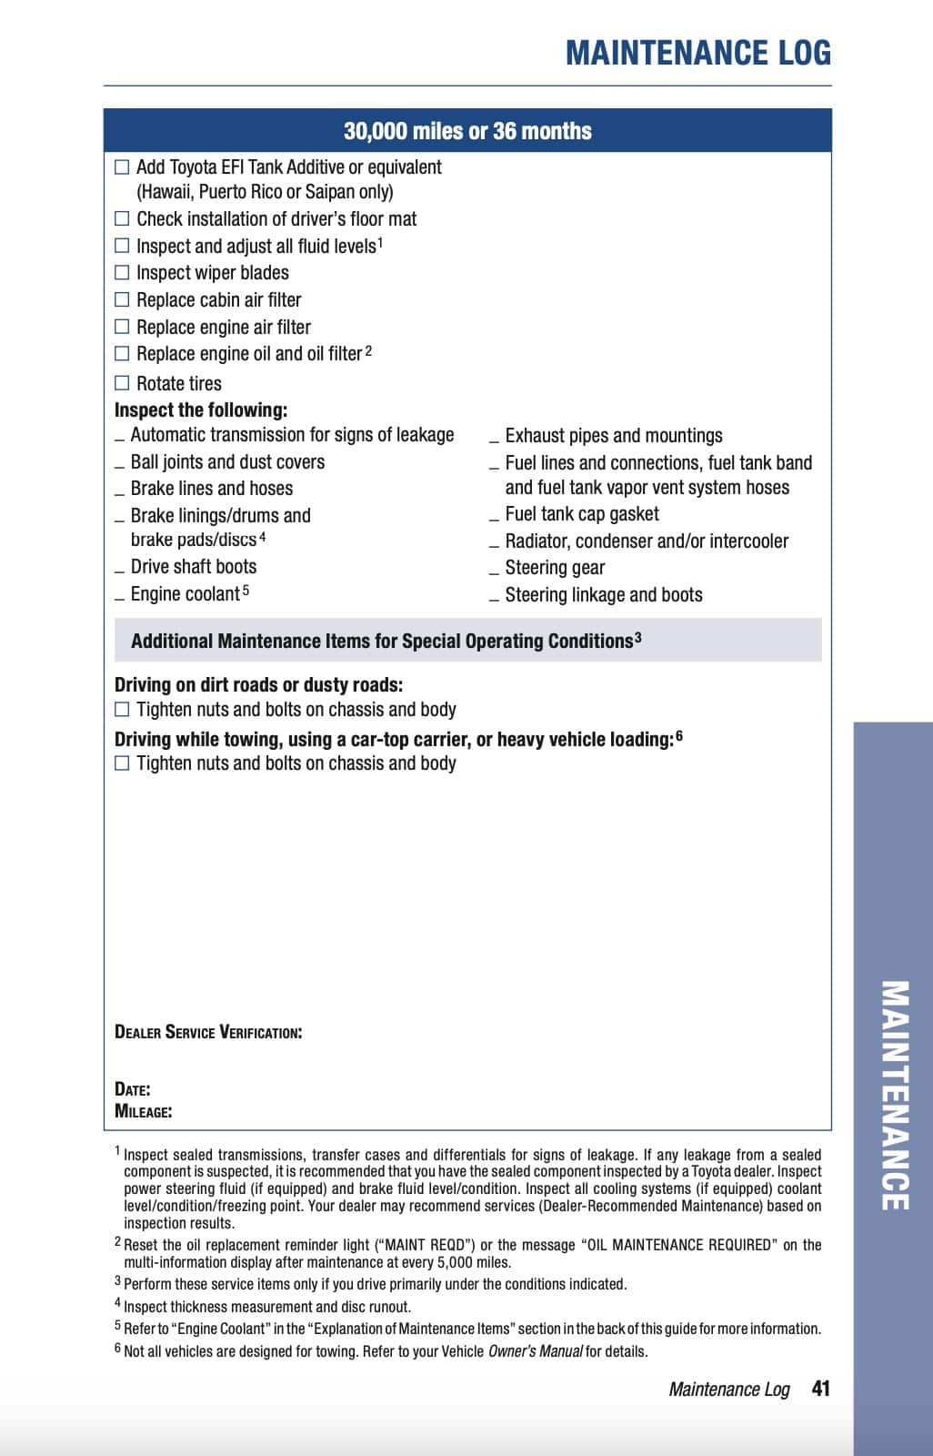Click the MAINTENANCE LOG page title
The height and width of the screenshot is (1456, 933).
pos(697,53)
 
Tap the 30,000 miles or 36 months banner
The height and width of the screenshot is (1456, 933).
pos(467,131)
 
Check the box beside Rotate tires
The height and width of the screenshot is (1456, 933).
pos(122,383)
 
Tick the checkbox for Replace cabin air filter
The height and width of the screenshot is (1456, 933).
pos(122,299)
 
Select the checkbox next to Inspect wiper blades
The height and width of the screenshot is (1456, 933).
pos(122,272)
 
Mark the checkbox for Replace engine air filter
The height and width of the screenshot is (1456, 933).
pos(122,327)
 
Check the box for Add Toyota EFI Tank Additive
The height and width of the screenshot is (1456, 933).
pos(122,167)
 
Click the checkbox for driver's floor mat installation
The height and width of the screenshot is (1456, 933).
pos(122,218)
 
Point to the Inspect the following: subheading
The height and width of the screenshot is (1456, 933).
pos(201,409)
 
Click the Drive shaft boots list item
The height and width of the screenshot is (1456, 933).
pos(193,567)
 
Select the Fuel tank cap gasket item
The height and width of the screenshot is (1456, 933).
pos(582,514)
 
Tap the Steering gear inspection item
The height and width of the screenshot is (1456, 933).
pos(555,568)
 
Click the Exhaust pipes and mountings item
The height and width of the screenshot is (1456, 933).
pos(614,436)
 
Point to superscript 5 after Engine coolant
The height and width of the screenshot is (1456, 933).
pos(246,590)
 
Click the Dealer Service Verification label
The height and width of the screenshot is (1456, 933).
pos(208,1032)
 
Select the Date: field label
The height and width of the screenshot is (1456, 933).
pos(133,1089)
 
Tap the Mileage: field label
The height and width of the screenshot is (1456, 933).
pos(144,1111)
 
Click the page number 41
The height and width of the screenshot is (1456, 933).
pos(820,1389)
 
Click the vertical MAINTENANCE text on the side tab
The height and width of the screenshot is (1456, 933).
pos(895,1095)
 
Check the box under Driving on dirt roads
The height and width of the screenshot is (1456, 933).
pos(122,710)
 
